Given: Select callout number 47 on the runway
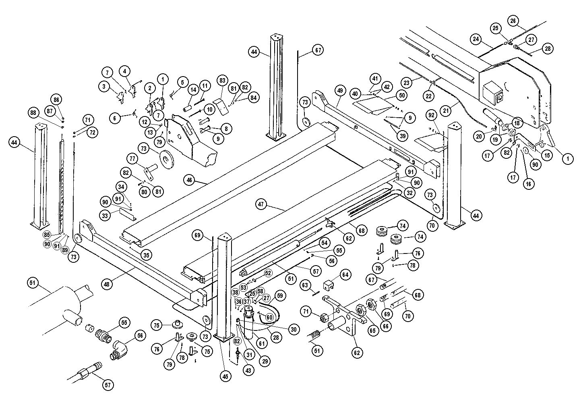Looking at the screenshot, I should pos(261,204).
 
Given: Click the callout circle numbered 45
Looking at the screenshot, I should pos(225,376).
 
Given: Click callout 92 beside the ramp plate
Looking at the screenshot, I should pos(432,116).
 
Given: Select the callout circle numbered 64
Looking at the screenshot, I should pos(345,274).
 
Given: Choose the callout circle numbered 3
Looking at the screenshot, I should pos(104,86).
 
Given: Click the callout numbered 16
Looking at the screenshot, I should pos(529,183).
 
